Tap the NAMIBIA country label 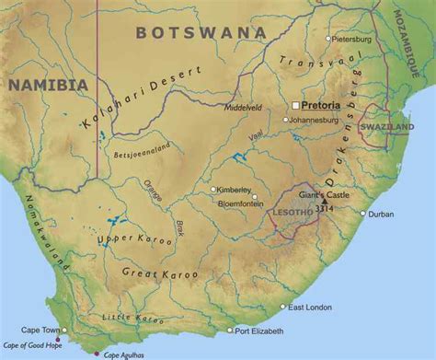(x=48, y=85)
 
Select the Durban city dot (x=364, y=214)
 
